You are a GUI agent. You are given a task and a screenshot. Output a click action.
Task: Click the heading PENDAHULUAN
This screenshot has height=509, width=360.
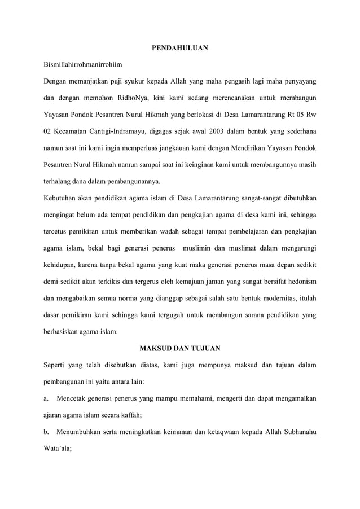point(180,48)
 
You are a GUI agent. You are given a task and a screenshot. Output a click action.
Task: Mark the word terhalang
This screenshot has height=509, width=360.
point(59,181)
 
